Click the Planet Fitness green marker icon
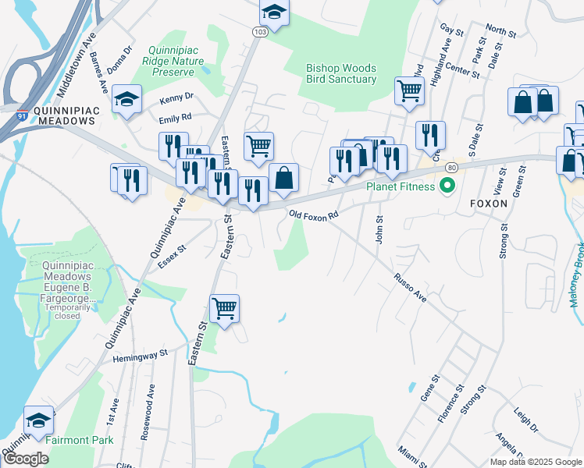tap(447, 186)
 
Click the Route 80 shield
tap(451, 168)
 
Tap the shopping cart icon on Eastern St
tap(224, 308)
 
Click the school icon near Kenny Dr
tap(126, 99)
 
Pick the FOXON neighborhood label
tap(490, 204)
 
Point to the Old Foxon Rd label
tap(313, 214)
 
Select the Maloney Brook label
tap(576, 278)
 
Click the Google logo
tap(26, 459)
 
